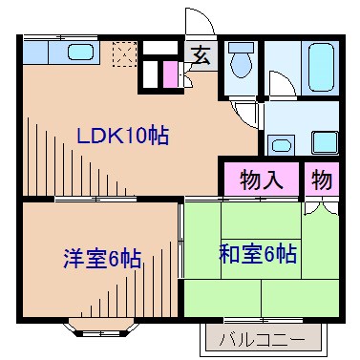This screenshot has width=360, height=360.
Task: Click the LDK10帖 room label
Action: (x=122, y=136)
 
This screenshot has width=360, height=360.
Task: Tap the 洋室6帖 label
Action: (x=102, y=257)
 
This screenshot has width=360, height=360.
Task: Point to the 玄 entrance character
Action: (x=202, y=54)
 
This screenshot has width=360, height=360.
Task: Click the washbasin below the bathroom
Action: (x=281, y=146)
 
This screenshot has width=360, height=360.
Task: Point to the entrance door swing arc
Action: (x=197, y=21)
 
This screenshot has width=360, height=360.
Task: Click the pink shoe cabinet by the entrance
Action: (x=170, y=74)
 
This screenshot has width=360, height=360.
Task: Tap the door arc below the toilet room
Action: (x=247, y=114)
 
